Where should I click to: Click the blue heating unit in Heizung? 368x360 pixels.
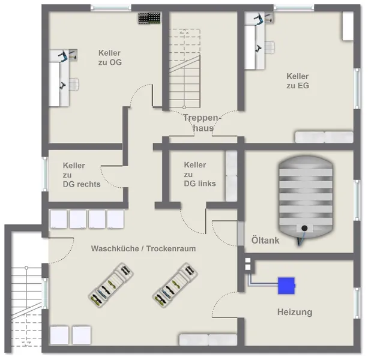pyautogui.click(x=286, y=286)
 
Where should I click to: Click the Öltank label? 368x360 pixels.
pyautogui.click(x=265, y=241)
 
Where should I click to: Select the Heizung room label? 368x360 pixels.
pyautogui.click(x=295, y=312)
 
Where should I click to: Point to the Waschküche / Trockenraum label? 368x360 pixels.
pyautogui.click(x=143, y=248)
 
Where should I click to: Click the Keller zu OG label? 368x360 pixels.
pyautogui.click(x=110, y=58)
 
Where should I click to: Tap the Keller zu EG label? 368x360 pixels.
pyautogui.click(x=298, y=81)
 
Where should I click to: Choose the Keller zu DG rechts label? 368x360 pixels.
pyautogui.click(x=82, y=175)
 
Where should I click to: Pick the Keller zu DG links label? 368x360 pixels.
pyautogui.click(x=200, y=174)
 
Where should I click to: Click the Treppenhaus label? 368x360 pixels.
pyautogui.click(x=201, y=122)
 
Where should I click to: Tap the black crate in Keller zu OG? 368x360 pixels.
pyautogui.click(x=149, y=18)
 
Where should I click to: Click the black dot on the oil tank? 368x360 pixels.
pyautogui.click(x=304, y=228)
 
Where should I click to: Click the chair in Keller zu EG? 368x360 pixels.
pyautogui.click(x=270, y=47)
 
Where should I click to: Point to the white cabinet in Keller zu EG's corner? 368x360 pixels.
pyautogui.click(x=348, y=26)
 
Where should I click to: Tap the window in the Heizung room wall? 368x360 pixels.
pyautogui.click(x=357, y=303)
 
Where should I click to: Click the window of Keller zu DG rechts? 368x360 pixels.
pyautogui.click(x=45, y=174)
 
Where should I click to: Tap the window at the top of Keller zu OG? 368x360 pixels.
pyautogui.click(x=111, y=8)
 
